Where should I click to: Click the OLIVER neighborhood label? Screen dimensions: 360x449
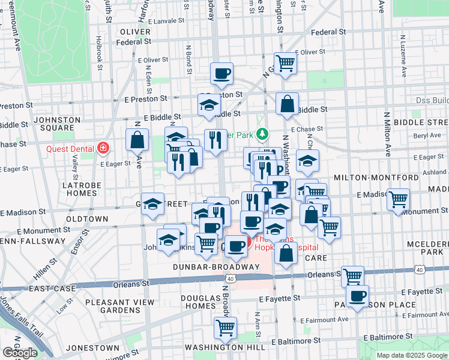[135, 32]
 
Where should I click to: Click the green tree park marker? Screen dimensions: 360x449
[261, 133]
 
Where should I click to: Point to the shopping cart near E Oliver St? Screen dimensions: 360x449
[285, 62]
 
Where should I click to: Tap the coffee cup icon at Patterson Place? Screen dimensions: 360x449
[357, 296]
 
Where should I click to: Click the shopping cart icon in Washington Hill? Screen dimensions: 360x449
[225, 328]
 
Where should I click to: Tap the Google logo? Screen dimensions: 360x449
[20, 353]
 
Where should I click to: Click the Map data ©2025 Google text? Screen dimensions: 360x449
[411, 355]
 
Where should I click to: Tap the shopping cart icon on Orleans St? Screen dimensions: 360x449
[352, 276]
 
